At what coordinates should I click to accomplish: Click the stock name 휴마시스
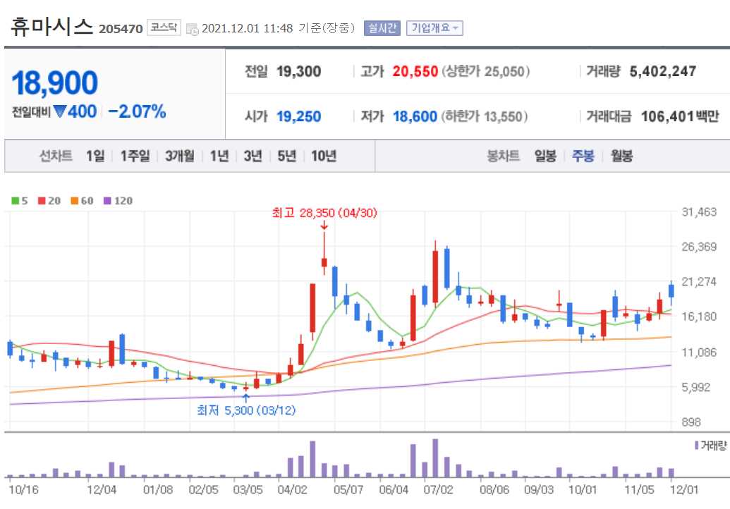click(x=52, y=27)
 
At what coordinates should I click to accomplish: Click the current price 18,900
click(x=54, y=83)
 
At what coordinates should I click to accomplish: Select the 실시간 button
click(x=382, y=28)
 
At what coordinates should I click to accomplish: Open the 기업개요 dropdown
click(x=434, y=28)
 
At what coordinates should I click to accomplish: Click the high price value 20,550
click(x=415, y=71)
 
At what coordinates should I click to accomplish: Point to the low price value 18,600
click(x=415, y=116)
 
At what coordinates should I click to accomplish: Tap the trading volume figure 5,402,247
click(x=662, y=71)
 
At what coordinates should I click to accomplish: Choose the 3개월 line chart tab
click(x=180, y=156)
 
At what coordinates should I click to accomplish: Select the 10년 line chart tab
click(x=324, y=156)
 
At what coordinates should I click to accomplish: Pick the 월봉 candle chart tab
click(x=622, y=156)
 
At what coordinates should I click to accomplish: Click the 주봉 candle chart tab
click(x=583, y=156)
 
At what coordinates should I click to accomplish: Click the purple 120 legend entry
click(x=118, y=201)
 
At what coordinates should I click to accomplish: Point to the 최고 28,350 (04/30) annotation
click(x=325, y=212)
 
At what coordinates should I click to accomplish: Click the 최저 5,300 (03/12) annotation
click(x=246, y=410)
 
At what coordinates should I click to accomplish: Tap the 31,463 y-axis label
click(x=699, y=212)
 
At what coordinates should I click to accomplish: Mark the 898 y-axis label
click(x=691, y=422)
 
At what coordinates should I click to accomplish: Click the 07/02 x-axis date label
click(x=438, y=489)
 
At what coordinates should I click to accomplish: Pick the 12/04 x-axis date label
click(x=101, y=489)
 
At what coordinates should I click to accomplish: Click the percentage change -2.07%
click(x=138, y=111)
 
